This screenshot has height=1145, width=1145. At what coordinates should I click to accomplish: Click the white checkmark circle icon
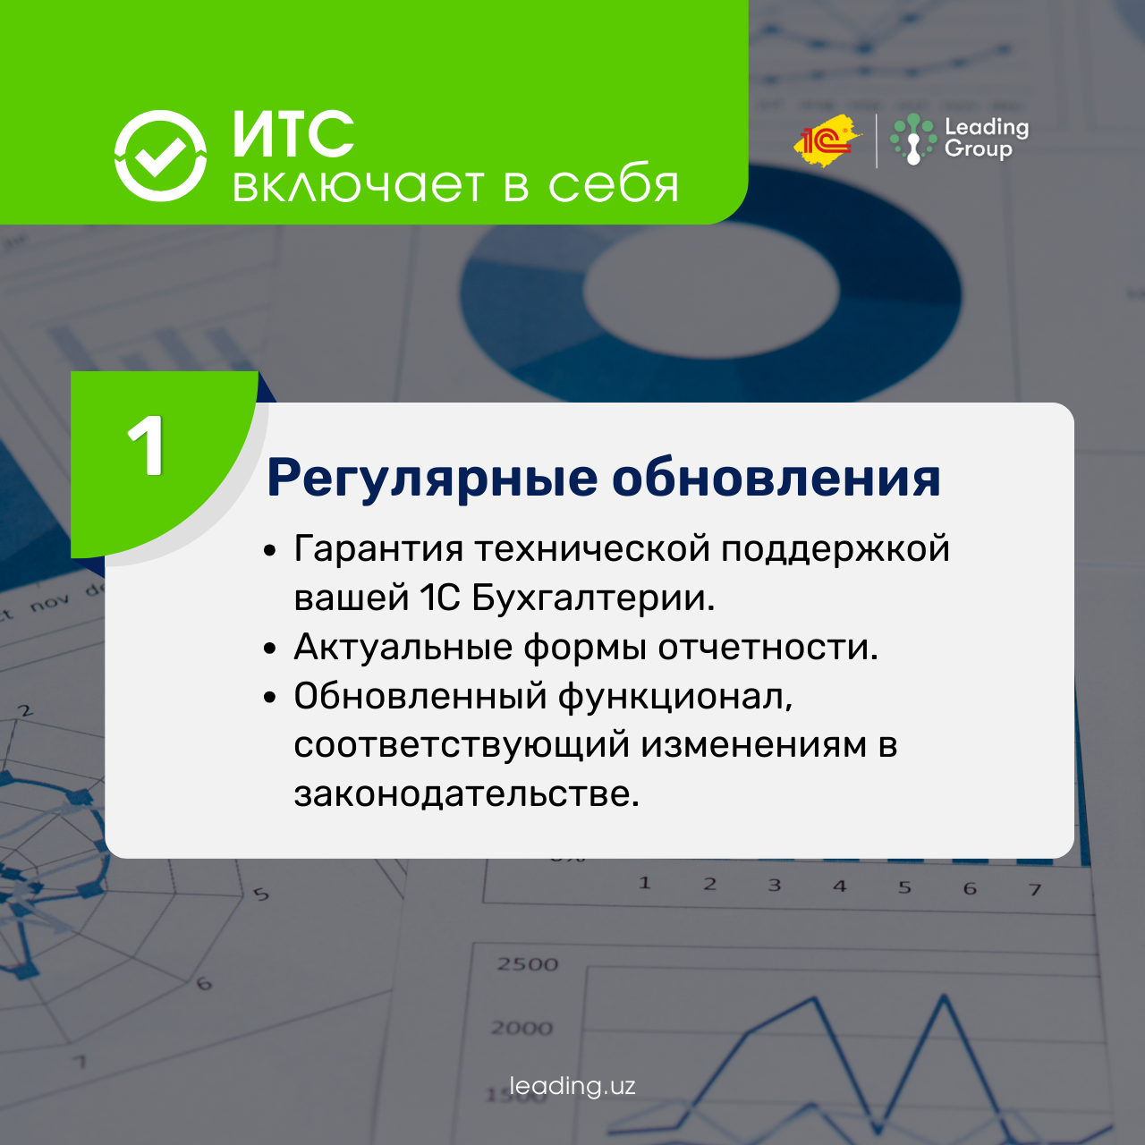pos(160,156)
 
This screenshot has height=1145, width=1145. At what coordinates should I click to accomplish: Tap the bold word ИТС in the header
pos(293,134)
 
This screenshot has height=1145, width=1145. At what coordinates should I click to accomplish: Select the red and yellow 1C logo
pos(826,140)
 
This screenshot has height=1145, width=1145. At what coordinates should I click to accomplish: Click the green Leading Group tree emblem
pos(913,139)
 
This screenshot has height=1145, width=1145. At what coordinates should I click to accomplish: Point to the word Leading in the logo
pos(987,128)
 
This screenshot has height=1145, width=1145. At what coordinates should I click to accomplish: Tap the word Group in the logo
pos(978,148)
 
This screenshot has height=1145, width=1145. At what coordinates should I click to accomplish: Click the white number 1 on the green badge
pos(146,445)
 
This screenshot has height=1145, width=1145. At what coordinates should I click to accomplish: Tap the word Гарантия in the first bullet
pos(378,548)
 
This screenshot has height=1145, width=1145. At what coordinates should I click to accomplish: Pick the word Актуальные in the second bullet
pos(403,647)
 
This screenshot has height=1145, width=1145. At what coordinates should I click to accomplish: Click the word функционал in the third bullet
pos(675,696)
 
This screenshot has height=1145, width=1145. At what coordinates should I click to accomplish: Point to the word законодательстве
pos(466,793)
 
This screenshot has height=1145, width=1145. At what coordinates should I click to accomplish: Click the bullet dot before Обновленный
pos(270,697)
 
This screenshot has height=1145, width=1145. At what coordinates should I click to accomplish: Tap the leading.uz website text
pos(572,1086)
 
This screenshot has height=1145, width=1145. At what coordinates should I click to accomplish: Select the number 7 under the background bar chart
pos(1035,889)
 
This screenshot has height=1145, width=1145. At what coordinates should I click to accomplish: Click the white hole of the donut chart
pos(711,290)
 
